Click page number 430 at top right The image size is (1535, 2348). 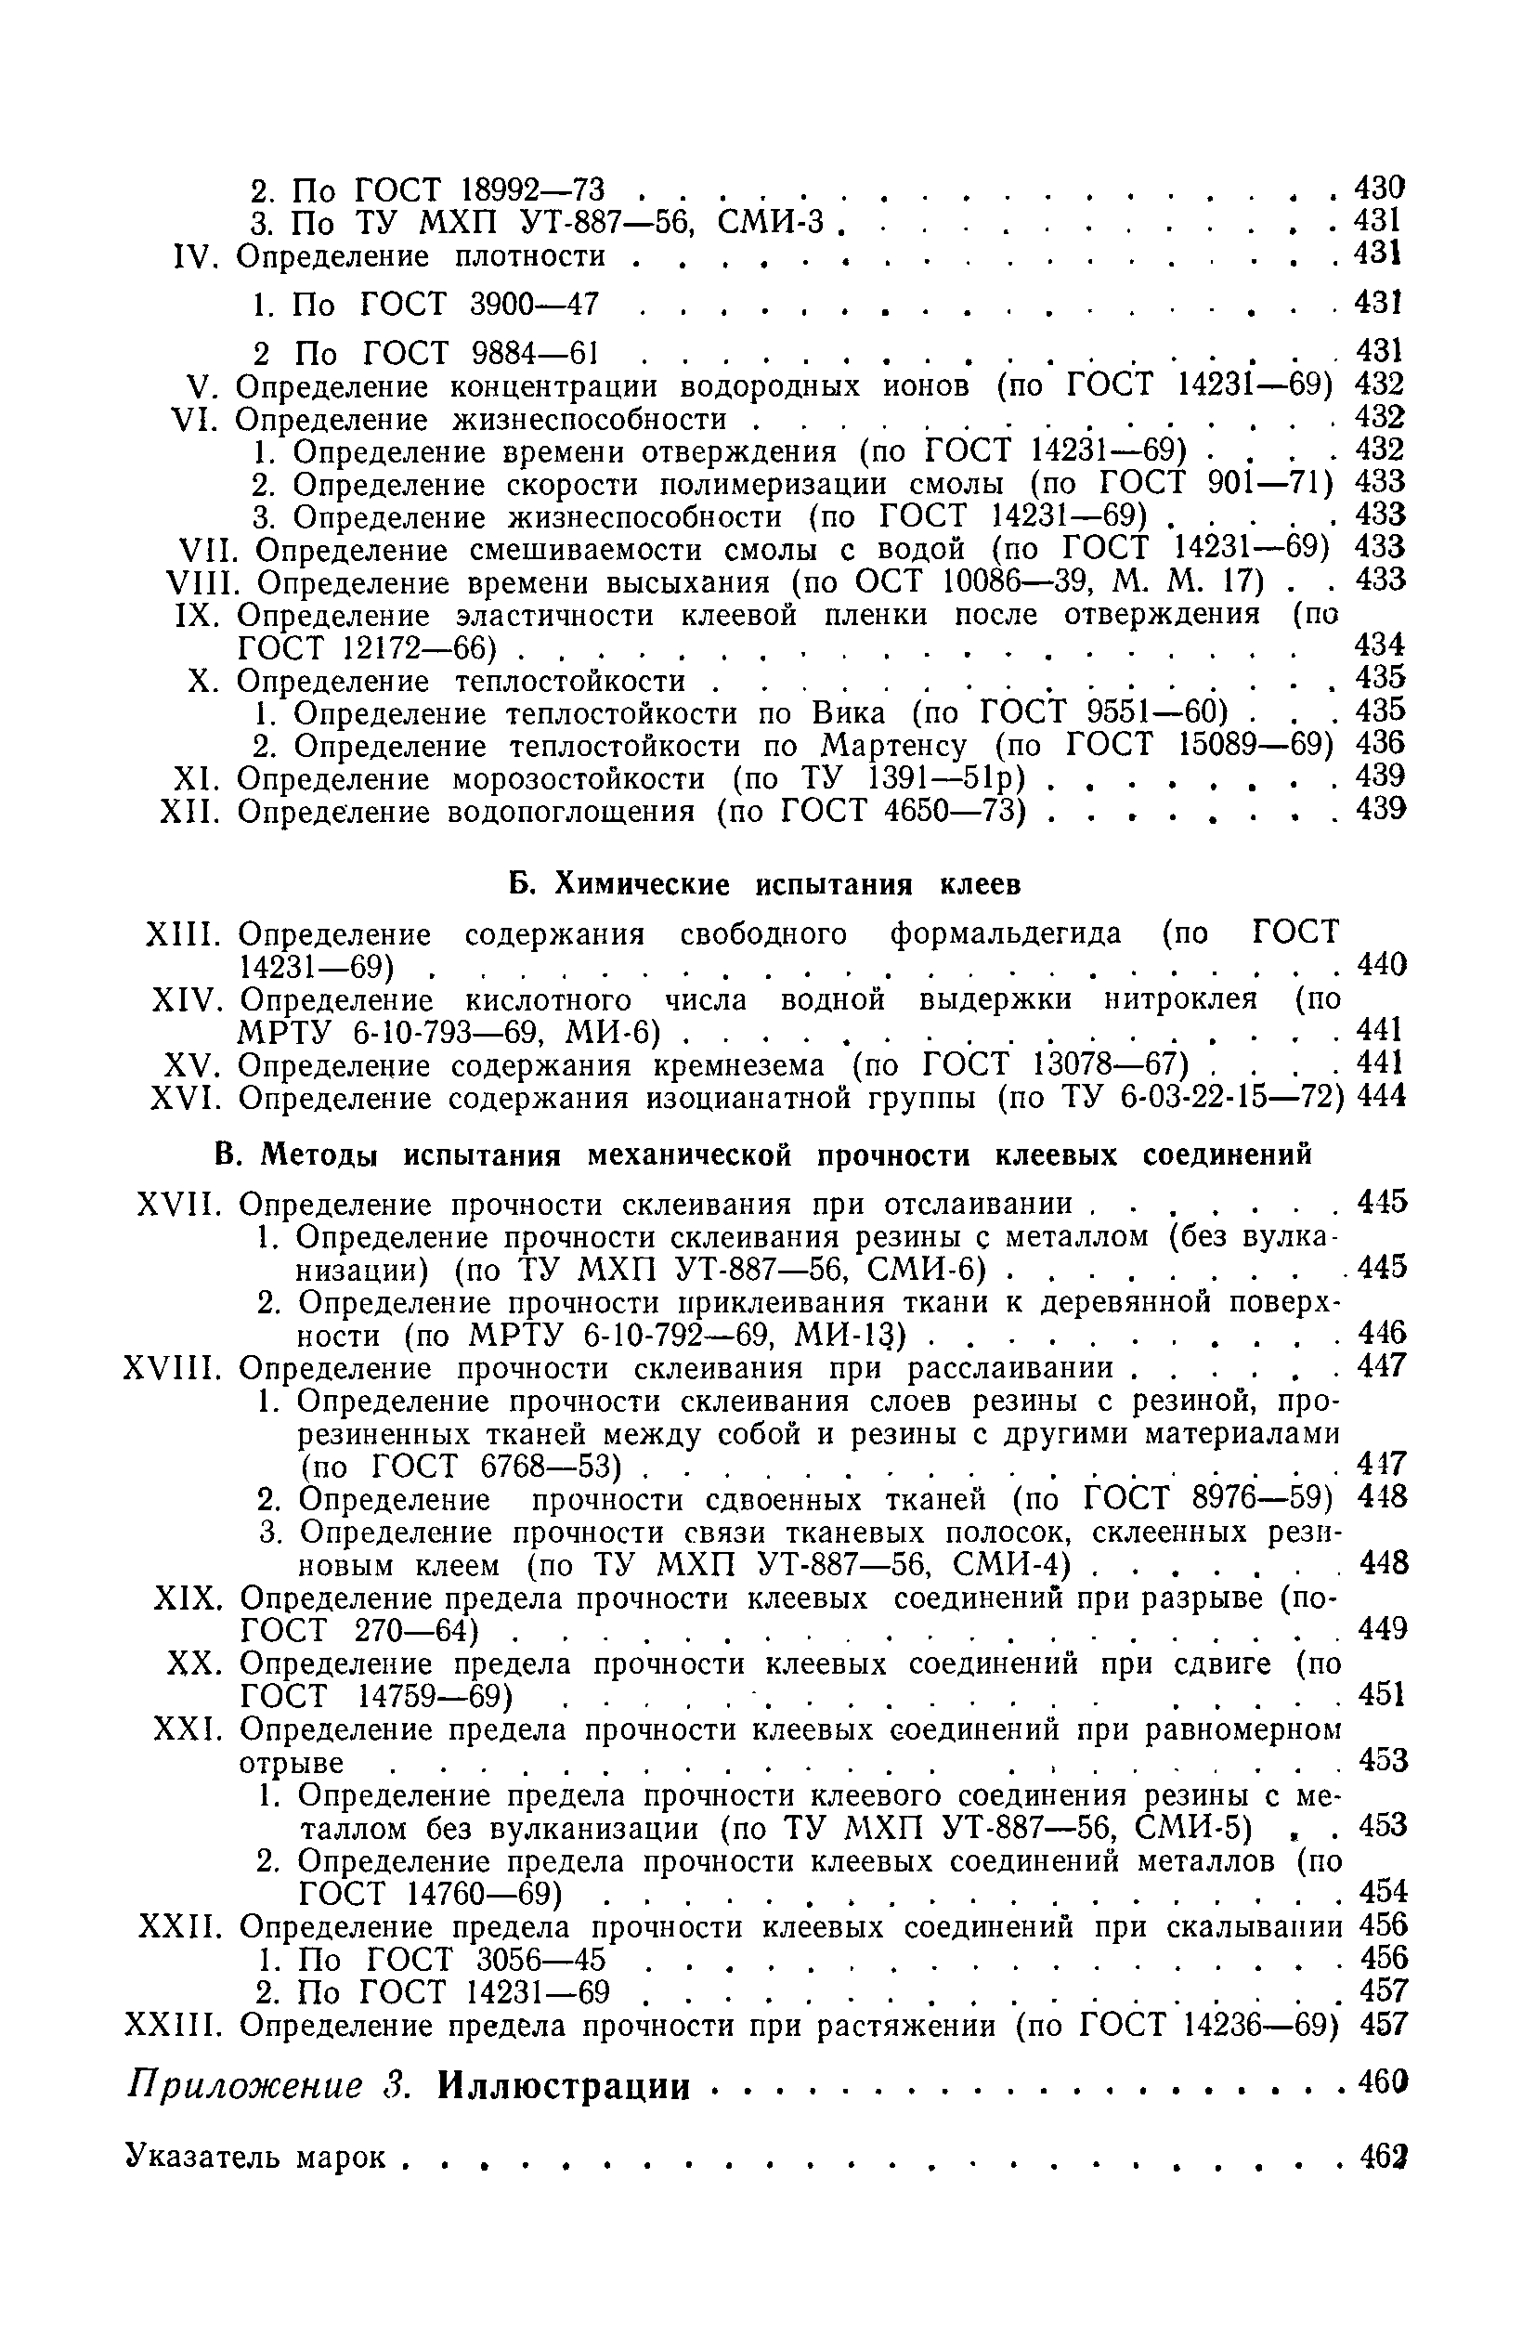coord(1378,187)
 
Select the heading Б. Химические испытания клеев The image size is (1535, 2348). coord(764,884)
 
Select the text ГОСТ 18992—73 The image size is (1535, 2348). coord(478,188)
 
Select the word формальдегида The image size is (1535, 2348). coord(1006,933)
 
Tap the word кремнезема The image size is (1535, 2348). coord(739,1065)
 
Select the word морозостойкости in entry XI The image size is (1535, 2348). coord(579,778)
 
